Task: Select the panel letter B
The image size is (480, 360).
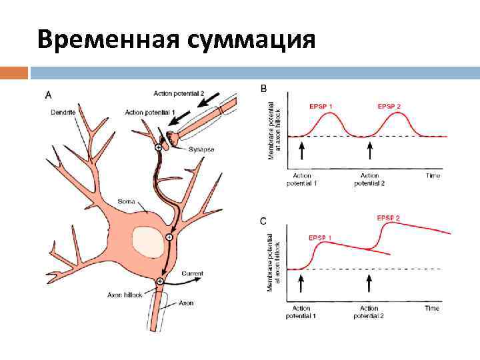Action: pyautogui.click(x=263, y=87)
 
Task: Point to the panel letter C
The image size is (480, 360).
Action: pyautogui.click(x=263, y=221)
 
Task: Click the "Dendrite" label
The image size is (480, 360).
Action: pyautogui.click(x=63, y=112)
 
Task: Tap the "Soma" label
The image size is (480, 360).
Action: pyautogui.click(x=127, y=200)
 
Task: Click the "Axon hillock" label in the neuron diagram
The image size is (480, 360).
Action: pyautogui.click(x=125, y=293)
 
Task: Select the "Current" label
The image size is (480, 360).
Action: pyautogui.click(x=192, y=273)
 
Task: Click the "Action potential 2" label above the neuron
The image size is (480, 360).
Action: pyautogui.click(x=178, y=93)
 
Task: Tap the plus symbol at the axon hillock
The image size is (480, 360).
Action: pyautogui.click(x=160, y=282)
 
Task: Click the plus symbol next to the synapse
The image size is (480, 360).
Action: pyautogui.click(x=158, y=147)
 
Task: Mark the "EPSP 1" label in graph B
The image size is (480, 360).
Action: pyautogui.click(x=322, y=105)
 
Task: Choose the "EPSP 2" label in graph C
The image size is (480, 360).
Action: pyautogui.click(x=389, y=218)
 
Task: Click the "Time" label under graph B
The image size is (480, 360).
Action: pyautogui.click(x=433, y=175)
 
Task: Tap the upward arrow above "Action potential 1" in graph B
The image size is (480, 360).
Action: pyautogui.click(x=301, y=151)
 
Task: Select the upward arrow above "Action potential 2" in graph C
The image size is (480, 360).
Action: pyautogui.click(x=369, y=284)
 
